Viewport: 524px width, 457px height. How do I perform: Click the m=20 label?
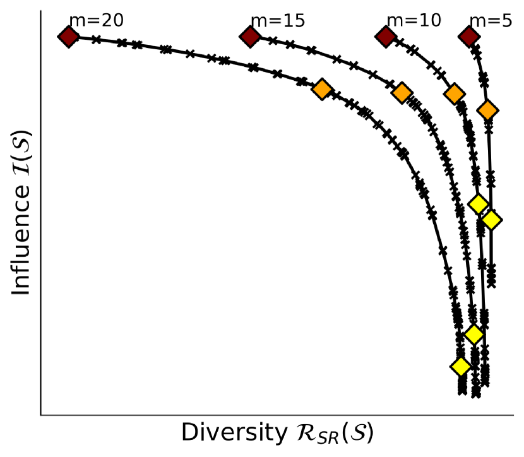(96, 21)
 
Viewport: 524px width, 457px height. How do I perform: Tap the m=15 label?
(278, 21)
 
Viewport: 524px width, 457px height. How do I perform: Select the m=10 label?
(414, 21)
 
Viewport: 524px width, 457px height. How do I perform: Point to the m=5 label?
(491, 21)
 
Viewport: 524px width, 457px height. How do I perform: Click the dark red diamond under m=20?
(68, 37)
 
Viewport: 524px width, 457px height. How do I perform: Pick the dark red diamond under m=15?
(251, 37)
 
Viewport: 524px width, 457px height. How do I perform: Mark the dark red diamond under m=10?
(386, 37)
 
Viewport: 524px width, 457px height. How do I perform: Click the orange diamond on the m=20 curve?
(322, 89)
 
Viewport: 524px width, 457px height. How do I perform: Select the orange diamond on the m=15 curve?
(402, 93)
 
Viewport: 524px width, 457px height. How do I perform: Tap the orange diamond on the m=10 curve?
(454, 94)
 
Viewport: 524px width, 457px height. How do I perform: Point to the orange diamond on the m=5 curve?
(487, 110)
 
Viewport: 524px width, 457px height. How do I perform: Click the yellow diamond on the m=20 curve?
(461, 366)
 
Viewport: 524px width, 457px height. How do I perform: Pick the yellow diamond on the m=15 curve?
(473, 334)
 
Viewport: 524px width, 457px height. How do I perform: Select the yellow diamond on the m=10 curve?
(479, 204)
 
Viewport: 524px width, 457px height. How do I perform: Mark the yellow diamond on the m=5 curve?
(491, 220)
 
